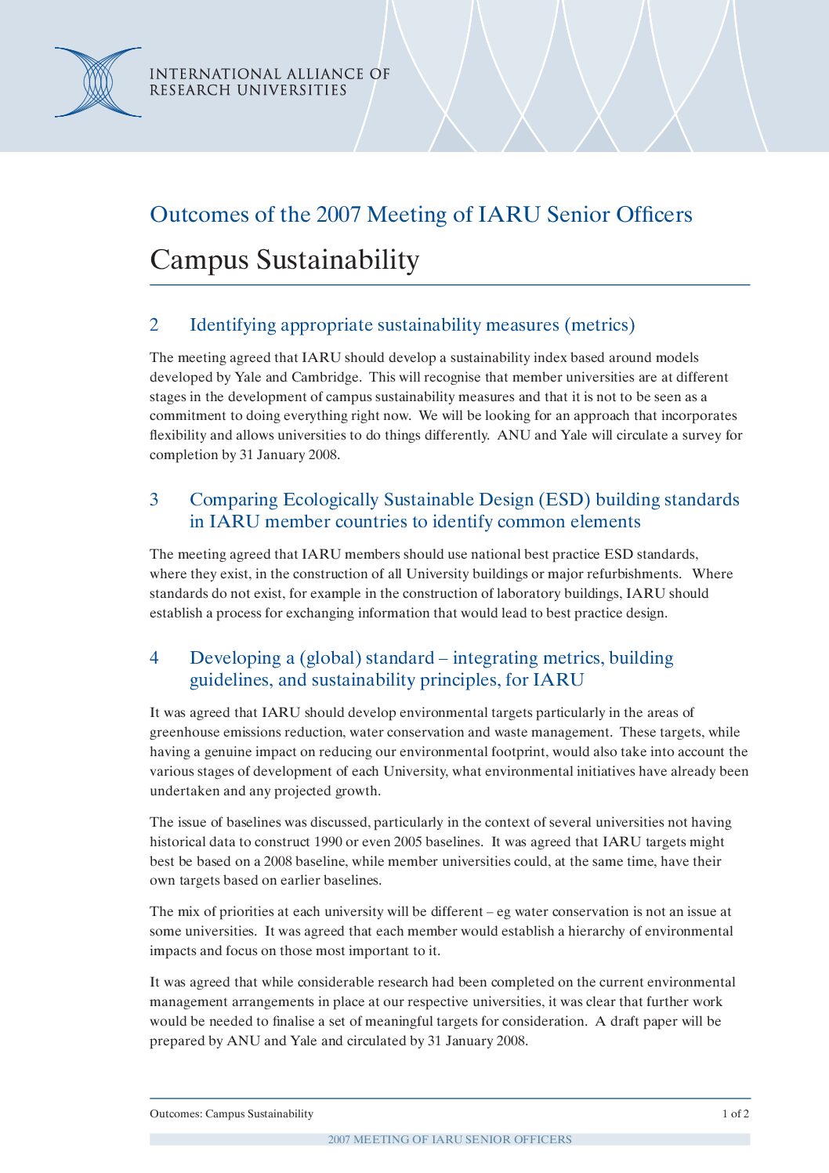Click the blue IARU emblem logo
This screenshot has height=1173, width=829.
pos(98,82)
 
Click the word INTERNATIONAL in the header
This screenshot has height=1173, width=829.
pos(201,74)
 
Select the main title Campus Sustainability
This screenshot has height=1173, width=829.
pos(284,259)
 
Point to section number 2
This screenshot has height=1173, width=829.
pos(154,325)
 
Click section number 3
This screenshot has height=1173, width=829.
pos(154,500)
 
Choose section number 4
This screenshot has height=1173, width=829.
pos(154,658)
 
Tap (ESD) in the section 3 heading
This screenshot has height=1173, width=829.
pos(564,500)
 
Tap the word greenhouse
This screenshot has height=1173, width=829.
pos(184,733)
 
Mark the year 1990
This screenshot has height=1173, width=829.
pos(328,842)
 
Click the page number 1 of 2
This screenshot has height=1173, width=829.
pos(735,1114)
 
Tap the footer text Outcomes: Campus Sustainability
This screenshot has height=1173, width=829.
pos(231,1114)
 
